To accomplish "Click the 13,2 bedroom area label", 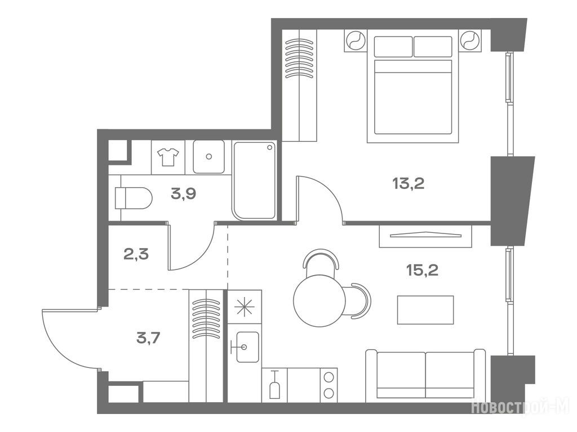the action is coord(408,183).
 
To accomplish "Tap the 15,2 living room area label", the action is coord(422,271).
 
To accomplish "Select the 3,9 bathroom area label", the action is coord(183,193).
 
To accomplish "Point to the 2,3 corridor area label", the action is coord(136,254).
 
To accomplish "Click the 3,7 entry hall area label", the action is coord(148,337).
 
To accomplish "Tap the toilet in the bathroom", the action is coord(133,198).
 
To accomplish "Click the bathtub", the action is coord(254,181).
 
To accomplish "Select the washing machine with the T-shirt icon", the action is coord(168,157).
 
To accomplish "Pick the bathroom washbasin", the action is coord(208,157).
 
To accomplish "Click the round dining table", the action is coord(319,301).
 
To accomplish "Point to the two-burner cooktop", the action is coord(329,385).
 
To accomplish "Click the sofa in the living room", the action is coord(425,376).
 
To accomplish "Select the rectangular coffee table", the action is coord(425,310).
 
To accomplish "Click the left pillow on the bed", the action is coord(393,47).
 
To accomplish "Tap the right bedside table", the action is coord(469,40).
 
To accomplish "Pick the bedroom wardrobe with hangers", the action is coord(299,85).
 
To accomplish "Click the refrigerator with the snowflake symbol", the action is coord(245,307).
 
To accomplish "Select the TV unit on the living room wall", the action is coord(425,236).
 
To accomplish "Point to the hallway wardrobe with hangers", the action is coord(206,346).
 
